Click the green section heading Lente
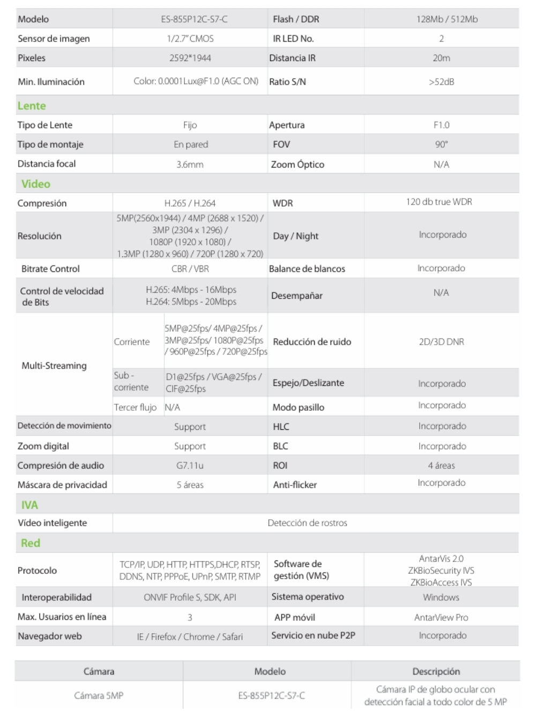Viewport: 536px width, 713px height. (32, 105)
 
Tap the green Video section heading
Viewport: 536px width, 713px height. (36, 184)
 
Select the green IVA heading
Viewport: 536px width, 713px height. (29, 505)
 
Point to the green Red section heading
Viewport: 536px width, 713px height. (31, 543)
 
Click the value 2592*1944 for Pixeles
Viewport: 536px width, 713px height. (190, 58)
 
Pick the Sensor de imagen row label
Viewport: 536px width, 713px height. (54, 39)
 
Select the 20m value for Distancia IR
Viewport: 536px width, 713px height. (441, 58)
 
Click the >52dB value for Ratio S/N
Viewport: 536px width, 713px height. (441, 82)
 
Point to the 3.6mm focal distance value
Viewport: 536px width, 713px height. (190, 164)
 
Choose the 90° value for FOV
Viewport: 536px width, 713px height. (441, 145)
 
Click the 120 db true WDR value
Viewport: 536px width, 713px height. (439, 202)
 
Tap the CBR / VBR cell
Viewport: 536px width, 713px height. (190, 269)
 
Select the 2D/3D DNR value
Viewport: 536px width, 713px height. (441, 342)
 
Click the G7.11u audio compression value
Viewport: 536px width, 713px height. (190, 466)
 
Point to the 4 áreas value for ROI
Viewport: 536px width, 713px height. (441, 466)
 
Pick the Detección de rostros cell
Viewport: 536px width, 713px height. (307, 523)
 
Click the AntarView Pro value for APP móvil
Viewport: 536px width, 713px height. (441, 617)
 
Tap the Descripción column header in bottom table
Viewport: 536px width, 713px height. (436, 671)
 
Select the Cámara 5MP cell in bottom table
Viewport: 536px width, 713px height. (99, 695)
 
